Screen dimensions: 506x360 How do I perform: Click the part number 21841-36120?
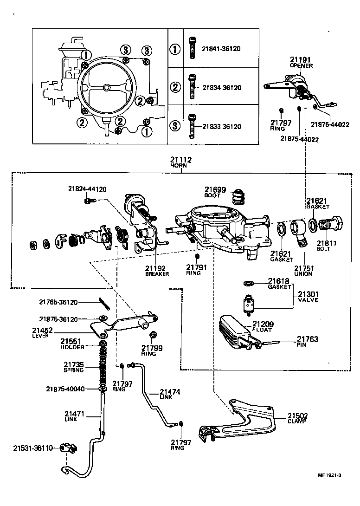[x=221, y=49]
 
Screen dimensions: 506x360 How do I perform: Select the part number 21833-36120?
[x=221, y=126]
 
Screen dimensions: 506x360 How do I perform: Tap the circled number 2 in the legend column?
[x=174, y=87]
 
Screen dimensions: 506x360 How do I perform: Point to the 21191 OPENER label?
[x=301, y=63]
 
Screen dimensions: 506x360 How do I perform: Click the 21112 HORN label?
[x=180, y=162]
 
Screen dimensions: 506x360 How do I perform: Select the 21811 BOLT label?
[x=327, y=246]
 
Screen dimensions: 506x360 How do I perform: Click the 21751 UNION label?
[x=303, y=271]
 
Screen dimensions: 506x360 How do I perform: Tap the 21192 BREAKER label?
[x=157, y=271]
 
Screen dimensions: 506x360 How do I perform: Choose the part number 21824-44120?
[x=87, y=189]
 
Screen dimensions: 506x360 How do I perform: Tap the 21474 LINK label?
[x=170, y=395]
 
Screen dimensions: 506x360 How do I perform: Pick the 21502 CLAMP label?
[x=297, y=419]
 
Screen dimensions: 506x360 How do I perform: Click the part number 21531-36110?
[x=33, y=448]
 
